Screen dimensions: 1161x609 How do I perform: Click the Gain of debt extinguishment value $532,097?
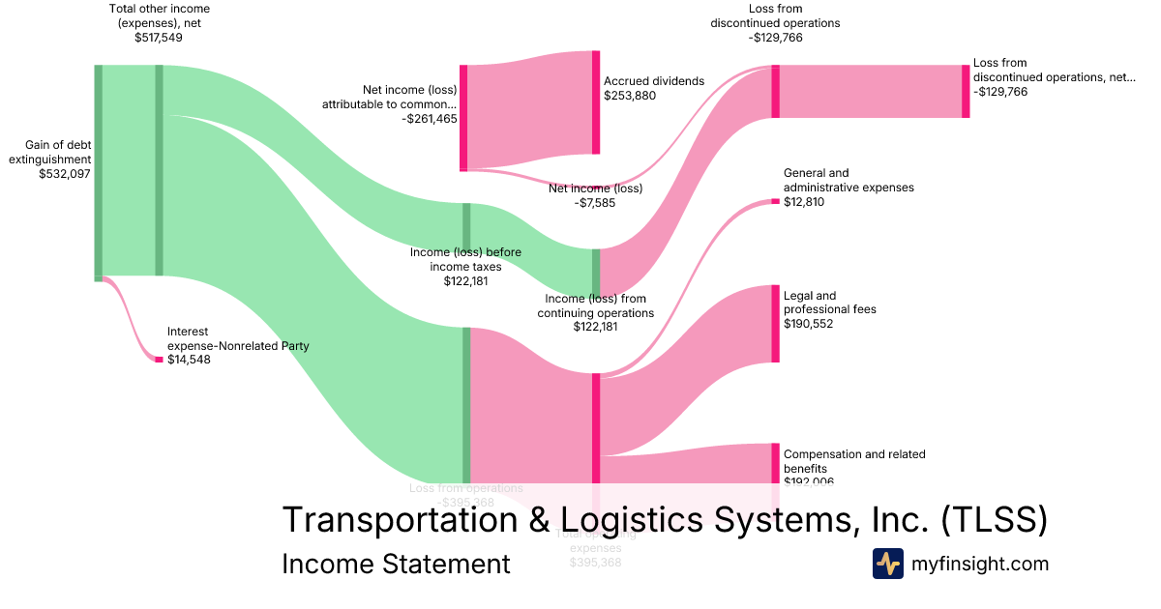pos(66,174)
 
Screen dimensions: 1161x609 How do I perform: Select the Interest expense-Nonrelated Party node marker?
pos(160,360)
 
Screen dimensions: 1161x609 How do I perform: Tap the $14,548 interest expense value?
pos(189,360)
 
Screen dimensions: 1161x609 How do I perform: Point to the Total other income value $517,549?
pos(160,38)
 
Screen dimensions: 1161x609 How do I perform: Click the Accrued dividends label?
pos(654,81)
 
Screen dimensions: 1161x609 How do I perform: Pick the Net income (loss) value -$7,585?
pos(595,203)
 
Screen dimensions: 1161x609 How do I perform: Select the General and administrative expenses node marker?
pos(775,201)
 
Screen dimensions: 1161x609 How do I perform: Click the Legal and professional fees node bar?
pos(775,324)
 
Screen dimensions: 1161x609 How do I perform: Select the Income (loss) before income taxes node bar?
pos(466,227)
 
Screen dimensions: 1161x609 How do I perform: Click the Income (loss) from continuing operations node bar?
pos(596,273)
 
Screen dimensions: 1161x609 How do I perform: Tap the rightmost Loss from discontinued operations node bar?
pos(966,92)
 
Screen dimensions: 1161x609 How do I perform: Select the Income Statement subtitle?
pos(396,564)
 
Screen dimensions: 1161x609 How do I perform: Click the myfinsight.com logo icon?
pos(887,564)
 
